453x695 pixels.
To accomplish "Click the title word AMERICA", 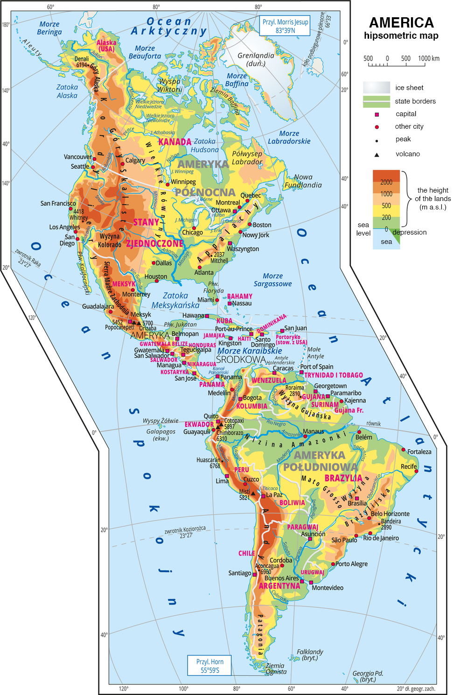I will pos(401,22).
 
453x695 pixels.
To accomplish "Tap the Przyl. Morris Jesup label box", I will pos(285,26).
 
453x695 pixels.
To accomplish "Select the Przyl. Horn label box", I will pos(209,666).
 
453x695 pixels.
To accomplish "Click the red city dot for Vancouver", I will pos(94,159).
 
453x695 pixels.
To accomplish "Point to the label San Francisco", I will pos(58,203).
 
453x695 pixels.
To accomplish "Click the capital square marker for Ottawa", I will pos(235,211).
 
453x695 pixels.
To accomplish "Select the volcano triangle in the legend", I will pos(377,154).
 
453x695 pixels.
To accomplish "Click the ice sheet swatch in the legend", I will pos(376,87).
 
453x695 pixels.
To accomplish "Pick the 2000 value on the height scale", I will pos(386,182).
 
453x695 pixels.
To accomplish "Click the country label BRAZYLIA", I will pos(343,478).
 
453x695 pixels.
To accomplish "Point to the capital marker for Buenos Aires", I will pos(302,581).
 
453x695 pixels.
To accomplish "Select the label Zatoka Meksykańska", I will pos(175,300).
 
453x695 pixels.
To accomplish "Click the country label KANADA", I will pos(174,142).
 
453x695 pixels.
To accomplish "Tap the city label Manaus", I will pos(313,431).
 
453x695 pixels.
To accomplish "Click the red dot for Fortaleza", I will pos(404,450).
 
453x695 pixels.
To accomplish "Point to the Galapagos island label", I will pos(161,431).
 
